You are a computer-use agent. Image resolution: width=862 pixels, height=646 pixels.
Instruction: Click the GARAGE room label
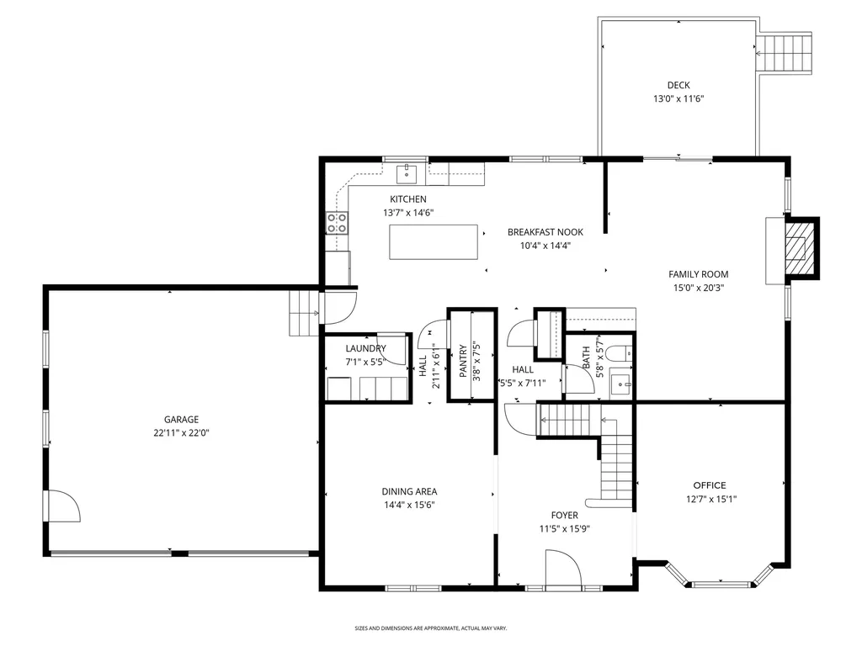(181, 420)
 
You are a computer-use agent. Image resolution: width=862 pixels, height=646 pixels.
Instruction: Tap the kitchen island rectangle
(434, 241)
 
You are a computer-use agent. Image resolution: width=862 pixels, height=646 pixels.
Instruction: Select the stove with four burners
(337, 223)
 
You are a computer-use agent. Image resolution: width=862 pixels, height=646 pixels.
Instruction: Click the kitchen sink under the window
(407, 173)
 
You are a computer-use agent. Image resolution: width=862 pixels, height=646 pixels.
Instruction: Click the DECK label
(678, 85)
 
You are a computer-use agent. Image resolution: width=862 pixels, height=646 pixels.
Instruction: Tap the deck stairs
(784, 53)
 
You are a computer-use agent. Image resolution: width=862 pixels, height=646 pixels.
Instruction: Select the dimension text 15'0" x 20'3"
(698, 288)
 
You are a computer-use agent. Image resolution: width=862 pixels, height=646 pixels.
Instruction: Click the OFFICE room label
(709, 485)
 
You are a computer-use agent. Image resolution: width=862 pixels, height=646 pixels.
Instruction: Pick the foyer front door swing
(563, 569)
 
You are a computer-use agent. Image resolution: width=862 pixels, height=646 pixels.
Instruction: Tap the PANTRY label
(463, 361)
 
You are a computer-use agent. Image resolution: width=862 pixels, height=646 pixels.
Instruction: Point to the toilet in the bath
(622, 353)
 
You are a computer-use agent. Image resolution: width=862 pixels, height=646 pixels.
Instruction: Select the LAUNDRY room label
(365, 348)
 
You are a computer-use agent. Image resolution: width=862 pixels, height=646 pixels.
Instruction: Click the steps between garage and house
(304, 313)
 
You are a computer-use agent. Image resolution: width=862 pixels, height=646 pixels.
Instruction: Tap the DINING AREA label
(409, 491)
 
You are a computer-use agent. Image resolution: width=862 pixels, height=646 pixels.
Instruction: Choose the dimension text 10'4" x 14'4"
(545, 246)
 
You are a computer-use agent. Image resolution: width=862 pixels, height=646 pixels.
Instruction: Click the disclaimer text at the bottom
(430, 627)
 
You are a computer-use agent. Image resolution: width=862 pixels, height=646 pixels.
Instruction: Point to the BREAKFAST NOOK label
(545, 232)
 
